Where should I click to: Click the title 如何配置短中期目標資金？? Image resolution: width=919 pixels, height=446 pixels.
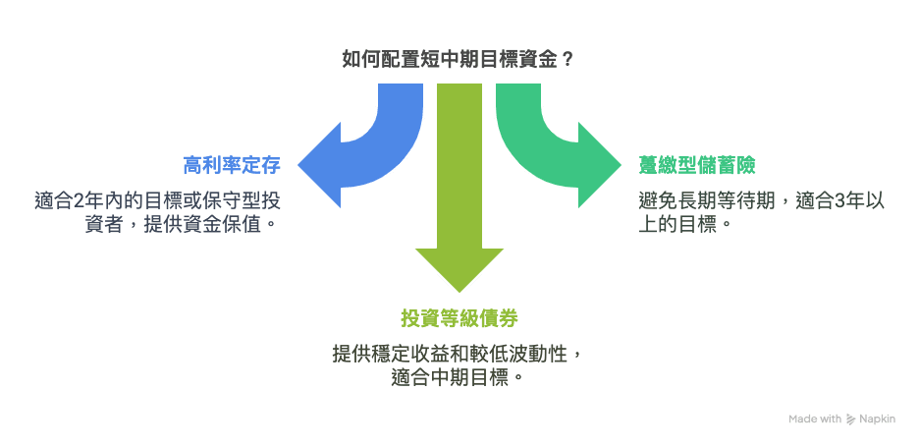(458, 59)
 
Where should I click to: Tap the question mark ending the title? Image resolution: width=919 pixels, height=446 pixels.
(568, 59)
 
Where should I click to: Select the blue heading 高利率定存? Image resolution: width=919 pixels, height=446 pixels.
(231, 165)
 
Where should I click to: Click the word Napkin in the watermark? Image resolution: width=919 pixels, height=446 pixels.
(878, 418)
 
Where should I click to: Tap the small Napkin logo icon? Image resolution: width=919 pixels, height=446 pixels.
(851, 418)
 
